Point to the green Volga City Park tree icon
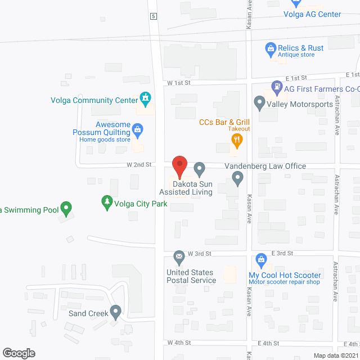click(x=107, y=203)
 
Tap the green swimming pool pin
click(x=66, y=209)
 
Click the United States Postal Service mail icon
click(x=179, y=258)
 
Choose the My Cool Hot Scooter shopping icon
click(x=260, y=260)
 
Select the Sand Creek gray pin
click(x=116, y=311)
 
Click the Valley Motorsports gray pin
click(x=259, y=103)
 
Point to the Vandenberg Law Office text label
click(x=265, y=166)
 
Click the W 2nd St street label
click(x=139, y=165)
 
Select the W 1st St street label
click(x=179, y=82)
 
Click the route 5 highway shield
click(x=153, y=16)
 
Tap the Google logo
click(x=19, y=353)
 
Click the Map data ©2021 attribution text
click(x=336, y=355)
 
